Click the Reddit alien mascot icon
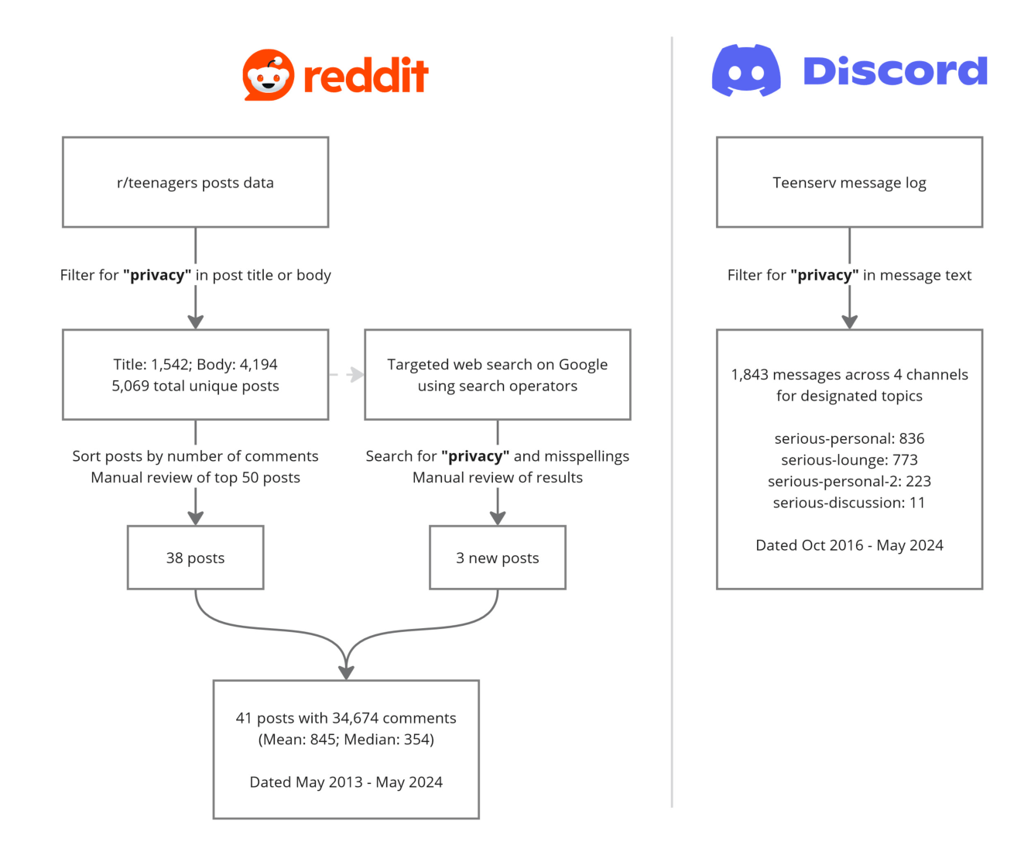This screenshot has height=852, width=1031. tap(268, 74)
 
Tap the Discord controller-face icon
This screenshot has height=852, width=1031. tap(745, 70)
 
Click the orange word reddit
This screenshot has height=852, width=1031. tap(366, 75)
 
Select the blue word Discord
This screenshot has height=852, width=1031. tap(895, 70)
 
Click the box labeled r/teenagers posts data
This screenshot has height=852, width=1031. tap(195, 182)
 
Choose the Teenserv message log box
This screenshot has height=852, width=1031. tap(849, 182)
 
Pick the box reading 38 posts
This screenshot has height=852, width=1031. tap(195, 557)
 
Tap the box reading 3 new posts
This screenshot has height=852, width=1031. tap(497, 557)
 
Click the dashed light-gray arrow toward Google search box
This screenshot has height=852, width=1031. tap(347, 374)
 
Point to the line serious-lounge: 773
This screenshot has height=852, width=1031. tap(849, 459)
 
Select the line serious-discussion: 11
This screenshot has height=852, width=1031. tap(849, 502)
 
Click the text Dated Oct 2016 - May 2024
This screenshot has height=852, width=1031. tap(849, 545)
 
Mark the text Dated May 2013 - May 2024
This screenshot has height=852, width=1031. tap(346, 782)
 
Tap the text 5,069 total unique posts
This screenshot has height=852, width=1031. tap(195, 386)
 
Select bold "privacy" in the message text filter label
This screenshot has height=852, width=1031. tap(824, 275)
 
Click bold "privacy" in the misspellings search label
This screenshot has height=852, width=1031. tap(475, 455)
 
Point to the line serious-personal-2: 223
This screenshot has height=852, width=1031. tap(849, 481)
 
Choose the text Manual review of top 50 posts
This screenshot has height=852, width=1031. tap(195, 477)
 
